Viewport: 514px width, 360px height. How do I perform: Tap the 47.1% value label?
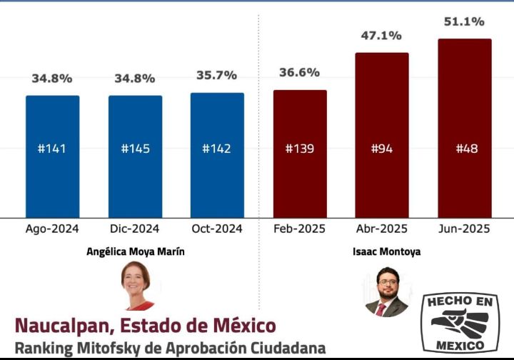(382, 35)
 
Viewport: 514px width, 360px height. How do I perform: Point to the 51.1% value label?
(464, 21)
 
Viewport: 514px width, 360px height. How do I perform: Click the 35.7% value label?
(216, 75)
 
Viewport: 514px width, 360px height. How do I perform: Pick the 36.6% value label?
(299, 72)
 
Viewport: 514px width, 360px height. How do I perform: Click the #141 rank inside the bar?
(52, 149)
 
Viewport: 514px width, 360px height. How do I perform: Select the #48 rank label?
(466, 149)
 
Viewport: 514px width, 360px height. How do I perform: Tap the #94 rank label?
(383, 149)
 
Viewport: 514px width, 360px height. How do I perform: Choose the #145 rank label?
(135, 149)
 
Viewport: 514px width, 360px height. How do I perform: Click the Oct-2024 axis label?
(217, 229)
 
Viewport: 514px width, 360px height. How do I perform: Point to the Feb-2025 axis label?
(299, 229)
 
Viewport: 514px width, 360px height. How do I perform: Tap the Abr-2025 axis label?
(382, 229)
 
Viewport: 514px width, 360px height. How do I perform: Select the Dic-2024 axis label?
(134, 229)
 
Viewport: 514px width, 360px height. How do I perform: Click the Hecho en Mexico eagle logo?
(460, 322)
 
